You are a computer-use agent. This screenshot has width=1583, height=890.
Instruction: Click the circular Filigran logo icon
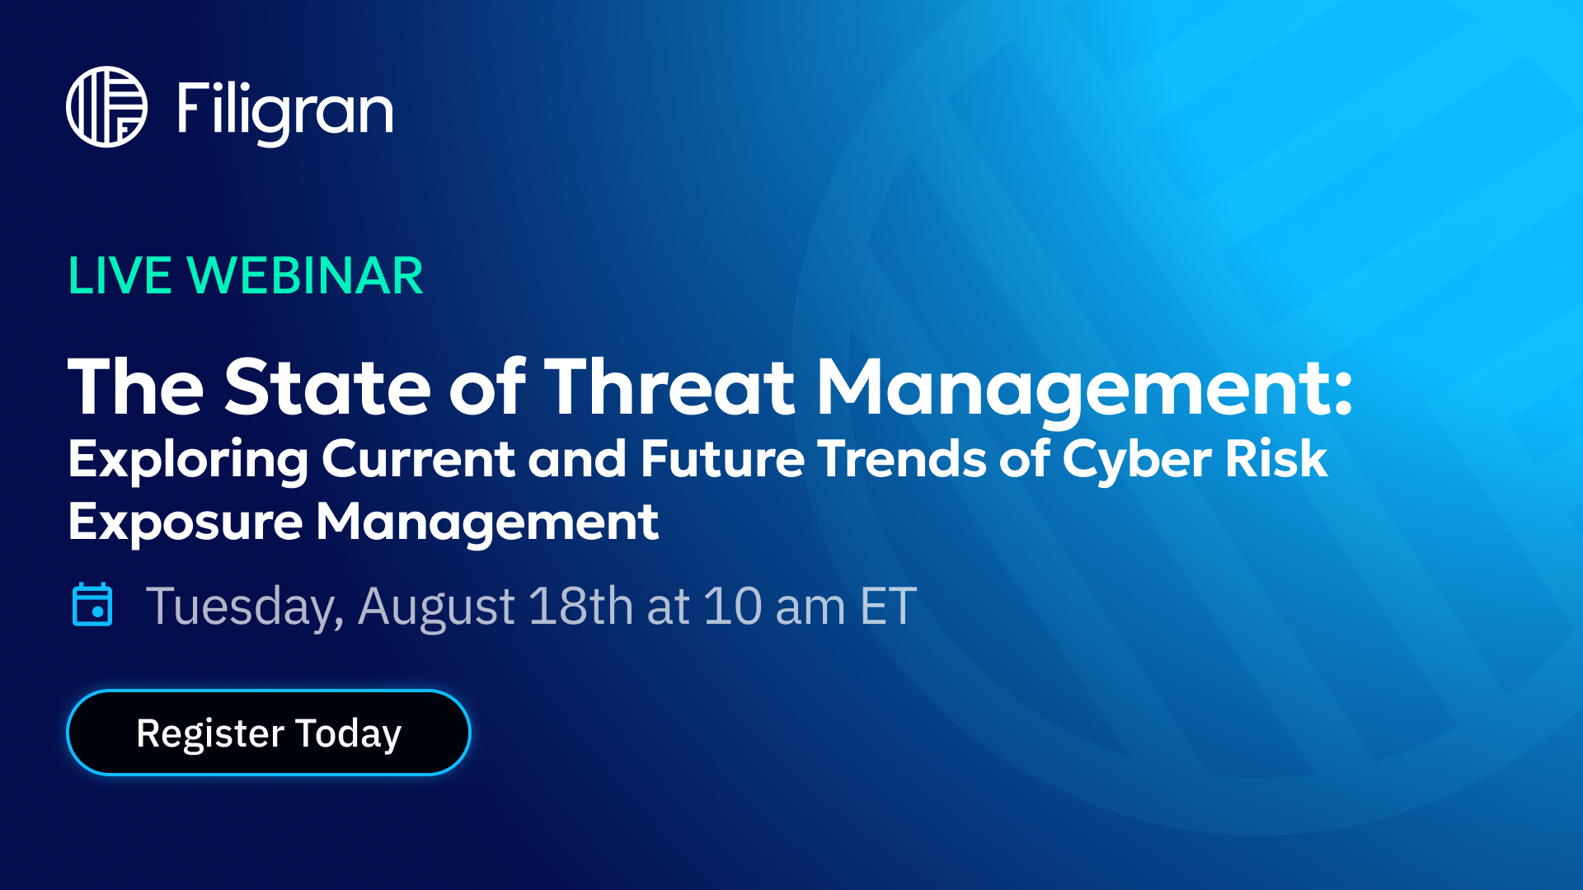click(x=106, y=107)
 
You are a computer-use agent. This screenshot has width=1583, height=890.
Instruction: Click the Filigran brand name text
click(x=285, y=112)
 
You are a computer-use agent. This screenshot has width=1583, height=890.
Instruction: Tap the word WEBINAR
click(x=305, y=275)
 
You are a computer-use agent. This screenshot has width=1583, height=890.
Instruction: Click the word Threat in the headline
click(x=669, y=386)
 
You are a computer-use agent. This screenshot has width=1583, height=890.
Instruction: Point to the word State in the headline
click(x=327, y=386)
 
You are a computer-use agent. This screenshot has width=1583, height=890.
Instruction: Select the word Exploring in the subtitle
click(x=188, y=460)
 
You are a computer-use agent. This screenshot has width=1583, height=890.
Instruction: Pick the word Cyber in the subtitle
click(x=1137, y=460)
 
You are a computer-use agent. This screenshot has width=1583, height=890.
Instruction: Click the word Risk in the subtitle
click(x=1276, y=457)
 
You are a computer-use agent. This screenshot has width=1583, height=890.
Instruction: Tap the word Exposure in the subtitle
click(x=186, y=522)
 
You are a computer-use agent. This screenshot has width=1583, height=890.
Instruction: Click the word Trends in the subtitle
click(x=902, y=457)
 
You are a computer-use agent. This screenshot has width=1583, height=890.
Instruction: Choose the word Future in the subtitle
click(x=722, y=457)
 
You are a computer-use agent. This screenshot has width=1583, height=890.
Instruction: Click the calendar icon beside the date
click(x=92, y=604)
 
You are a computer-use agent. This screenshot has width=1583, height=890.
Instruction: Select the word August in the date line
click(x=437, y=607)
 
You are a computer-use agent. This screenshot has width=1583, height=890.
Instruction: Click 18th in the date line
click(x=580, y=606)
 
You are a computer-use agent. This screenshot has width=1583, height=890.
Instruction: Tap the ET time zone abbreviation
click(x=888, y=606)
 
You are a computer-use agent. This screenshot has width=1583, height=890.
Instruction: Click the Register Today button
click(x=269, y=733)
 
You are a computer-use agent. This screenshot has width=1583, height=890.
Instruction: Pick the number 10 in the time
click(x=732, y=606)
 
